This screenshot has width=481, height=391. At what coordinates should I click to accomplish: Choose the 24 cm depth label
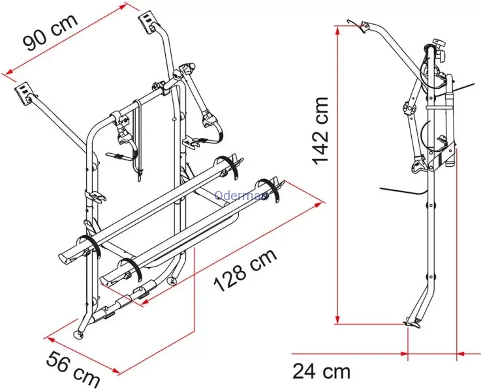click(321, 371)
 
